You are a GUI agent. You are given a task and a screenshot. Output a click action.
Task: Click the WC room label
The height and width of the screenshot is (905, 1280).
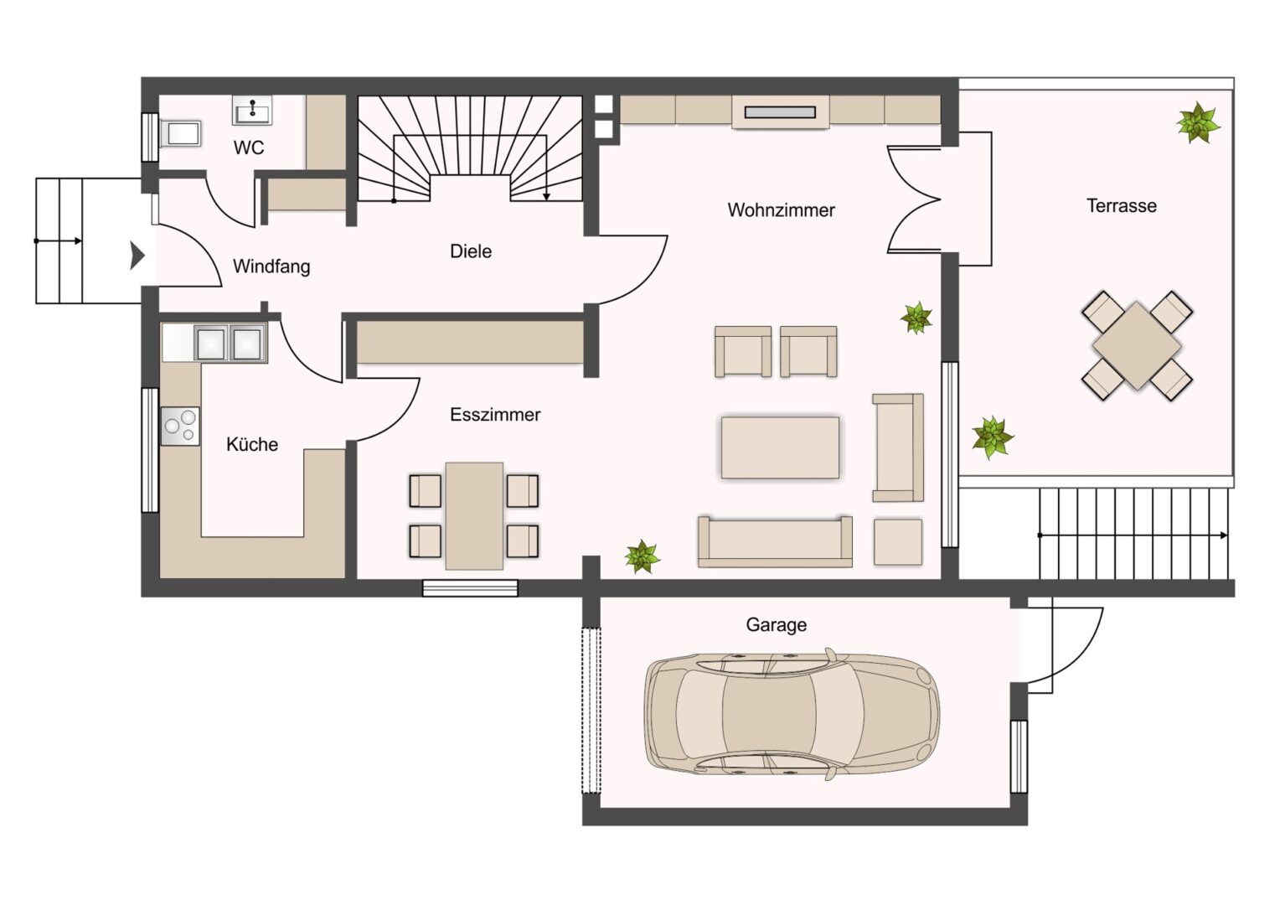[x=249, y=147]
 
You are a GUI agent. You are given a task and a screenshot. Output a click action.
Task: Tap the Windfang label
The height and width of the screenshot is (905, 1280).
[x=271, y=266]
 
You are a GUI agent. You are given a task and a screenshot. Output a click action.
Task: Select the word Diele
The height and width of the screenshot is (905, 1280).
[x=470, y=251]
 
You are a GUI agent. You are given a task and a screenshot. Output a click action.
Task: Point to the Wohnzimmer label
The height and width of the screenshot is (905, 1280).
[x=781, y=209]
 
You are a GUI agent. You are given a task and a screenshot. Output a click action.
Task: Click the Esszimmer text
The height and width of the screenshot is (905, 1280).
[x=495, y=415]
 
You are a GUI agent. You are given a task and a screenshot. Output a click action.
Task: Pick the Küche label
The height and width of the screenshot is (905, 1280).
[x=252, y=444]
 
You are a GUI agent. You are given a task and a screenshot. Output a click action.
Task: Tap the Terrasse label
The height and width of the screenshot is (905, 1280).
[x=1121, y=206]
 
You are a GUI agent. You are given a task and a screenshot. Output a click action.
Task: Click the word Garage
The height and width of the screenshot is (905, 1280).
[x=776, y=625]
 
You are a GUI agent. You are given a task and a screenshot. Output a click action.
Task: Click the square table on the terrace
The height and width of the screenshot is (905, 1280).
[x=1137, y=346]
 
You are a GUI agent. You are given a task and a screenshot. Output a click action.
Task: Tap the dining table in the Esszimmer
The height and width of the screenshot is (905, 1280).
[x=474, y=515]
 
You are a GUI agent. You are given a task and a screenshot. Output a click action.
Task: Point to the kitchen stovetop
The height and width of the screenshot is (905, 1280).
[x=180, y=426]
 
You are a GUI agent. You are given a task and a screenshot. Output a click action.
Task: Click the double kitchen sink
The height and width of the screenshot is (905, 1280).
[x=230, y=343]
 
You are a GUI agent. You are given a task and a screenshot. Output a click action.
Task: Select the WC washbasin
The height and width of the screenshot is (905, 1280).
[x=252, y=110]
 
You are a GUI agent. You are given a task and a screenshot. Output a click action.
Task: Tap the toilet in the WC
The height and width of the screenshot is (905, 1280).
[x=181, y=134]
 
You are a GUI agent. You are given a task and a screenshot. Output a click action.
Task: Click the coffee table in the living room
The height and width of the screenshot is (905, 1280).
[x=780, y=447]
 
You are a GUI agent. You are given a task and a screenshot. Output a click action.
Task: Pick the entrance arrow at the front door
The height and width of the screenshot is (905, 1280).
[x=137, y=256]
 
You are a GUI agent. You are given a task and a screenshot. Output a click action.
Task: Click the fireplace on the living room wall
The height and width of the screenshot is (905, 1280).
[x=780, y=112]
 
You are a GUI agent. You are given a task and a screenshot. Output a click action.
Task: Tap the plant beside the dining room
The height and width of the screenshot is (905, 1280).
[x=643, y=556]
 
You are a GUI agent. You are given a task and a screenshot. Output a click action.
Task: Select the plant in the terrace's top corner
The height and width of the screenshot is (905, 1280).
[x=1198, y=122]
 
